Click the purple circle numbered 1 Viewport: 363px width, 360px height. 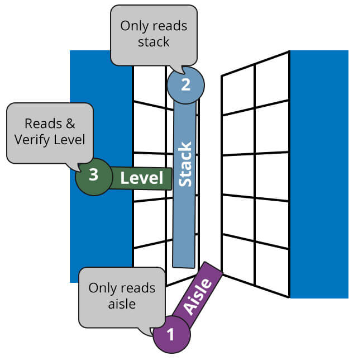(171, 334)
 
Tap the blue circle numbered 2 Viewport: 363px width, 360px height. (185, 84)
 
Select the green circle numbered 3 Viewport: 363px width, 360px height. (94, 175)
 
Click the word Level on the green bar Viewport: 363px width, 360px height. (142, 178)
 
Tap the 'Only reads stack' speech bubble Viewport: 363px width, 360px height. (154, 34)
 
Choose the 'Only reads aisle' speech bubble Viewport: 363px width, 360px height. (122, 296)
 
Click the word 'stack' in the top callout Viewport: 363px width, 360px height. (154, 42)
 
